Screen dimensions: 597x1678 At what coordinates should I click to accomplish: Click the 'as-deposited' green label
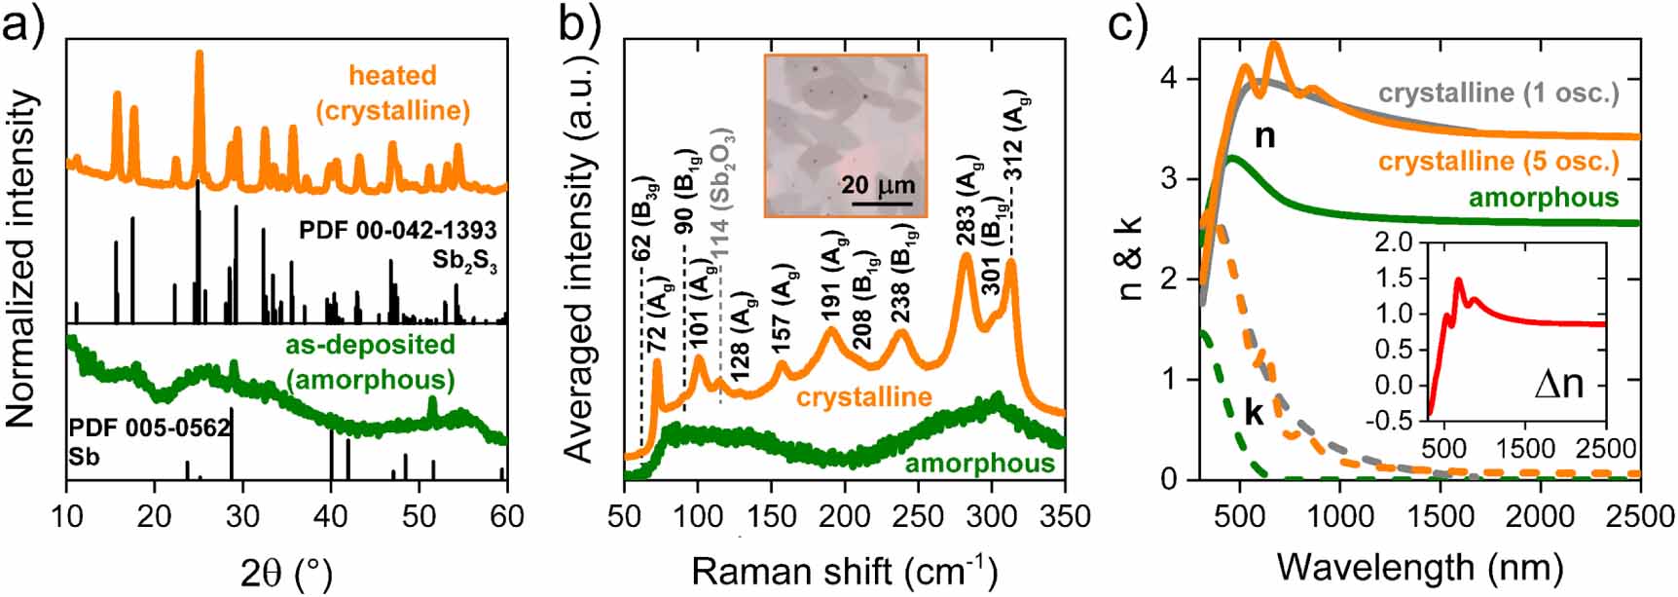(370, 345)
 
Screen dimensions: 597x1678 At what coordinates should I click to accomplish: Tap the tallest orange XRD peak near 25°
(200, 56)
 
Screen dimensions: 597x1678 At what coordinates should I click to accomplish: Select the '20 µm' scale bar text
(878, 185)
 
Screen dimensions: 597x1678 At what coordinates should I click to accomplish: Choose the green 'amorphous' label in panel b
(980, 464)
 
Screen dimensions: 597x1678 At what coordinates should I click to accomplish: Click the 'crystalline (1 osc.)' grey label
(1499, 93)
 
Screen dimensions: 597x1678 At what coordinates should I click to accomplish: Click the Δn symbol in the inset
(1558, 384)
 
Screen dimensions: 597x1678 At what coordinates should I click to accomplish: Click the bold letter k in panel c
(1255, 414)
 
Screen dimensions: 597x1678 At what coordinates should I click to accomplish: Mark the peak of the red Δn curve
(1458, 280)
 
